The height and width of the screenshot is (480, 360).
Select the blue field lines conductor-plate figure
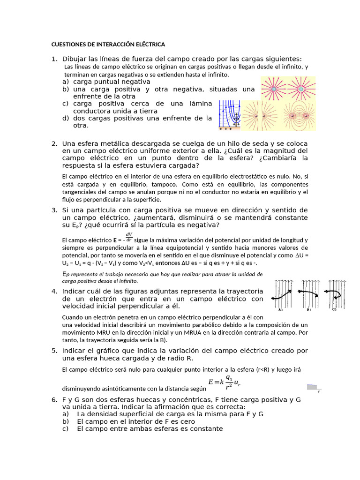click(x=230, y=115)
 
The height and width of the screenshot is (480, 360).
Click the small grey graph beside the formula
click(x=312, y=387)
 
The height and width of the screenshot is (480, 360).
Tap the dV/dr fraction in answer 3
click(x=128, y=237)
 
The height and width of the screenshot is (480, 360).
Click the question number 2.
click(x=54, y=143)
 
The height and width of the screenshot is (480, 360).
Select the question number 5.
click(x=54, y=350)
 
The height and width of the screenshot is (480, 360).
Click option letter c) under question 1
click(x=65, y=103)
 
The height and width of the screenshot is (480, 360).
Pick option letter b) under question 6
click(x=65, y=421)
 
